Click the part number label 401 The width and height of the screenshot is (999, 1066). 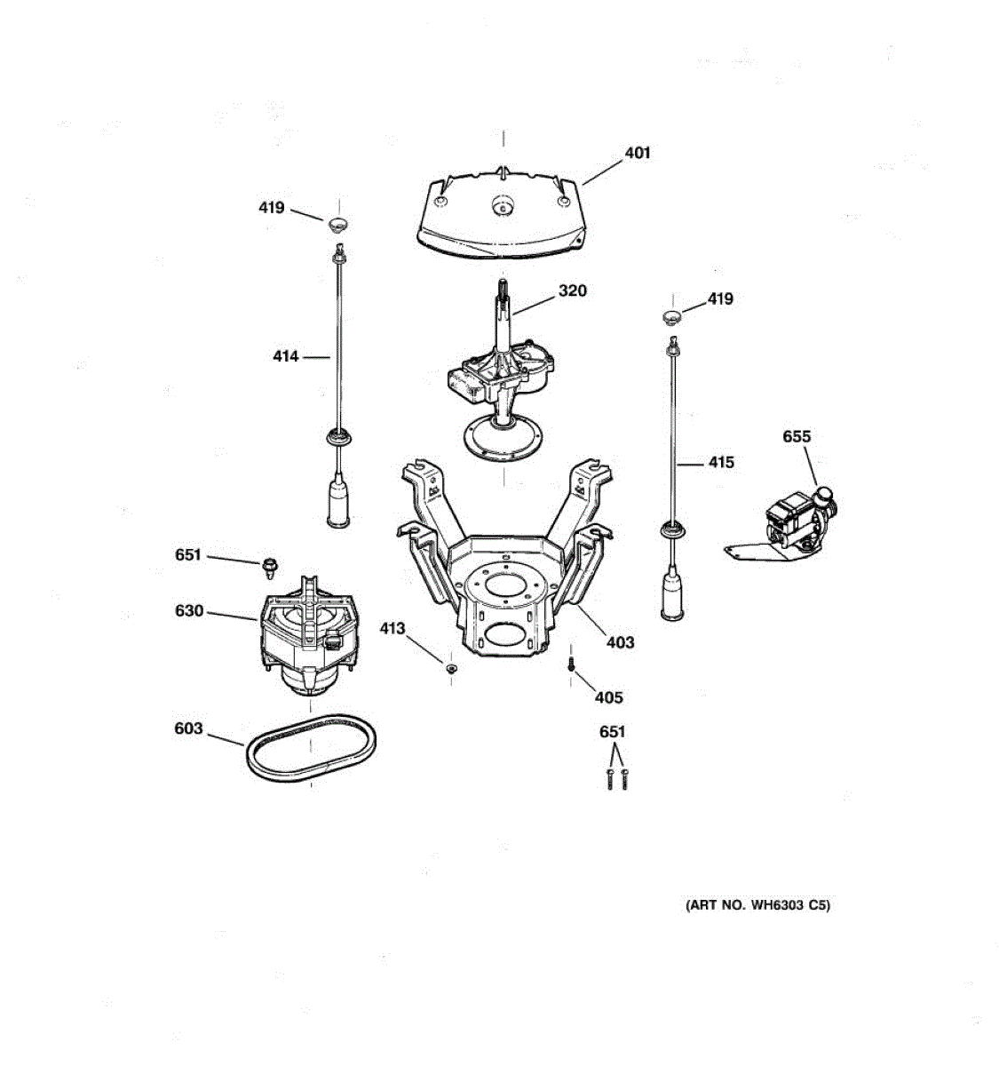coord(638,153)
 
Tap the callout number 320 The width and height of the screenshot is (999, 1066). coord(572,290)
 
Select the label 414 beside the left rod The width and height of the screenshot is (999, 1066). coord(286,356)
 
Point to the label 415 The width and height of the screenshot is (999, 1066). coord(721,462)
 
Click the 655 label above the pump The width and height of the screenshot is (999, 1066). coord(797,436)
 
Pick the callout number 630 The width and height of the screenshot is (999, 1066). coord(189,611)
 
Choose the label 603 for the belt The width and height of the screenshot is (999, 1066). coord(188,728)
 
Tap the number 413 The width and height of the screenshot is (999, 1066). coord(392,629)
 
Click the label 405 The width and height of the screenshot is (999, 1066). coord(608,697)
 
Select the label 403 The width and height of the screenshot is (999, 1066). coord(620,641)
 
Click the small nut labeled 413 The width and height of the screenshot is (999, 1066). coord(451,668)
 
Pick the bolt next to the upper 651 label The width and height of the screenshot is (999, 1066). coord(267,563)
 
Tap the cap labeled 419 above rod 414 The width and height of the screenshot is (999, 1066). coord(338,224)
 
